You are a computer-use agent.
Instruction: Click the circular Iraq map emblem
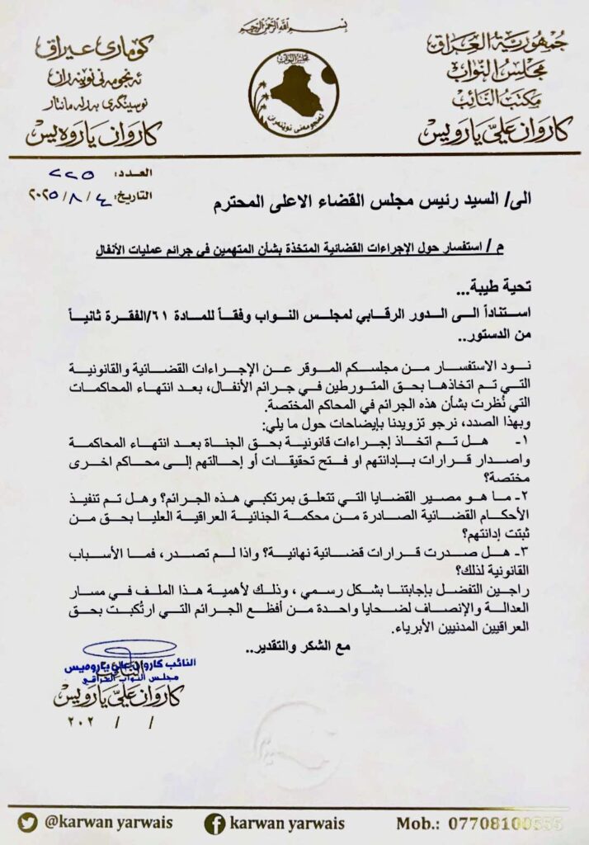(294, 91)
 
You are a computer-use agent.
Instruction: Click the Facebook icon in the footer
(216, 822)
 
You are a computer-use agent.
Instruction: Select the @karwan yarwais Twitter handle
(106, 822)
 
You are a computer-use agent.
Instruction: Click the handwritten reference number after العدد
(73, 175)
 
